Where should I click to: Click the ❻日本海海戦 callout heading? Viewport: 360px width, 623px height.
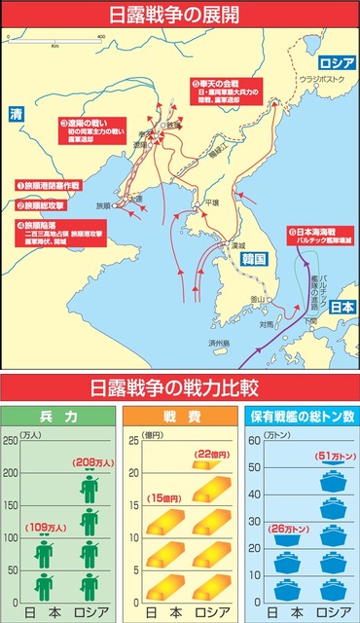[x=315, y=231]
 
